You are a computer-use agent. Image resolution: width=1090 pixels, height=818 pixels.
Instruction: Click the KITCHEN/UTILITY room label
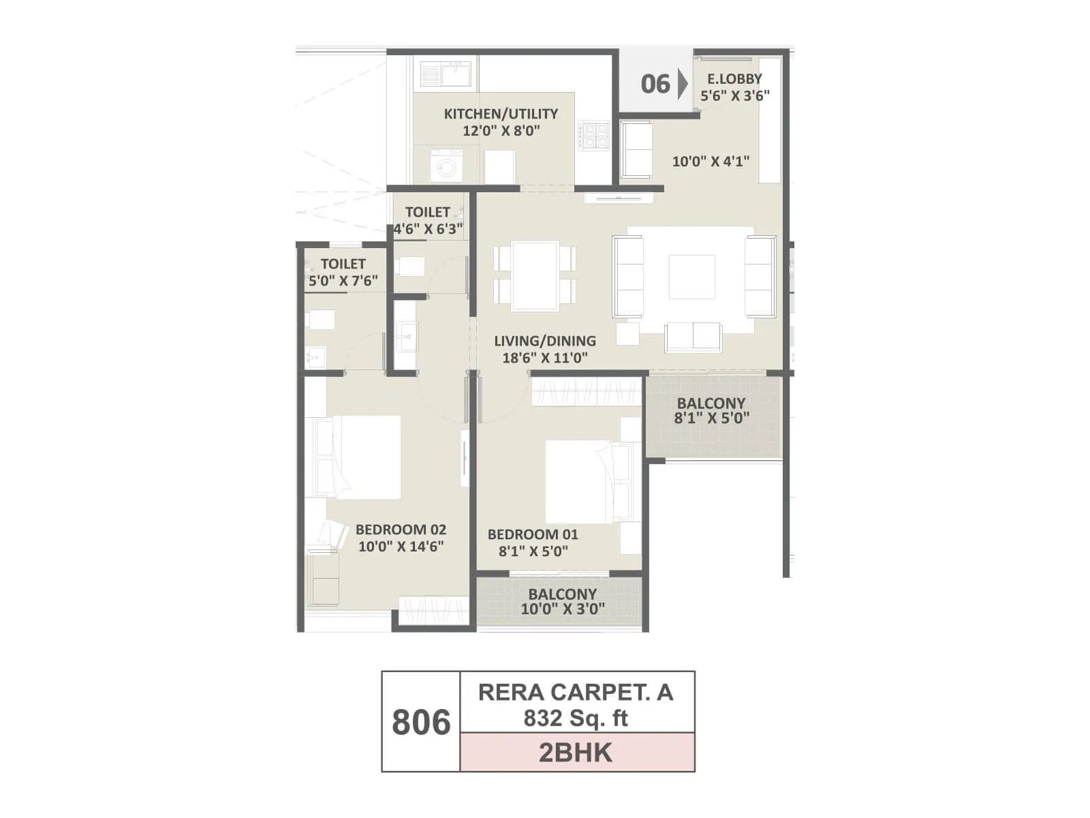click(x=501, y=114)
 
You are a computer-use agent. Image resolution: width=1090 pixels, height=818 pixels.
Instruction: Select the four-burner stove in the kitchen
click(x=593, y=135)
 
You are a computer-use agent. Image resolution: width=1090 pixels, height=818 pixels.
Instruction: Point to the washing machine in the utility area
click(x=446, y=166)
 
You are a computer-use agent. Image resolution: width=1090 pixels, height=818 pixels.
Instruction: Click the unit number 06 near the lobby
click(x=655, y=84)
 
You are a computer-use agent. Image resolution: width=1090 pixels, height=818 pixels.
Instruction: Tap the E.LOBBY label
click(x=734, y=78)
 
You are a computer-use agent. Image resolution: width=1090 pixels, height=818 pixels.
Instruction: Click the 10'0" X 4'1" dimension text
click(x=711, y=162)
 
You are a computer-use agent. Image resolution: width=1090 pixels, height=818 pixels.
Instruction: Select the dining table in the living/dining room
click(x=535, y=275)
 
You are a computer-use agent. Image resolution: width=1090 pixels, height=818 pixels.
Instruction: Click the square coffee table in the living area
click(x=691, y=277)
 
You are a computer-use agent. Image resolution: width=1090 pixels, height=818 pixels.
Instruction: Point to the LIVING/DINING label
click(x=545, y=341)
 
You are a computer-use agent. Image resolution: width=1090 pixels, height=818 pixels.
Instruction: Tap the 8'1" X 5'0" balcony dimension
click(x=712, y=418)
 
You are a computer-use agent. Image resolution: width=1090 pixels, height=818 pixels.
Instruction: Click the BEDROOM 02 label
click(x=401, y=530)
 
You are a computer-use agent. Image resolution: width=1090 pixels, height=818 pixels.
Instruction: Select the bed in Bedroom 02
click(x=359, y=457)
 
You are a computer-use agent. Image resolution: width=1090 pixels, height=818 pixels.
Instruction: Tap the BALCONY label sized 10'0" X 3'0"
click(x=562, y=594)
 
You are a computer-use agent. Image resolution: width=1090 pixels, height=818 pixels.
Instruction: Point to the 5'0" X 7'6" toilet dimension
click(x=343, y=280)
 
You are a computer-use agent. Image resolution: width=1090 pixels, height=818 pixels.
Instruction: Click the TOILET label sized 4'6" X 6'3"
click(x=427, y=212)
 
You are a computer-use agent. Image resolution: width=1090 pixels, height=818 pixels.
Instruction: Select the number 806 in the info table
click(x=421, y=722)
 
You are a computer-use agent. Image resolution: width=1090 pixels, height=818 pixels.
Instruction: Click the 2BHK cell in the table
click(x=576, y=753)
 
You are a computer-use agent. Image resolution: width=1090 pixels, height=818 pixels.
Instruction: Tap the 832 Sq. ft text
click(x=576, y=718)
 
